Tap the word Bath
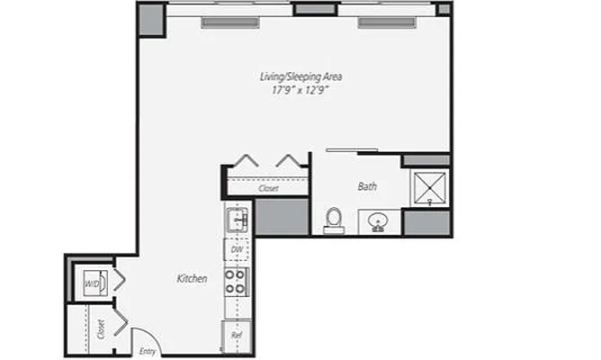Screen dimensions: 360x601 367,187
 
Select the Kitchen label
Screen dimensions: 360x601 192,279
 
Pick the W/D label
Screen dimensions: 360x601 92,283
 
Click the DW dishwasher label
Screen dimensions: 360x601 237,249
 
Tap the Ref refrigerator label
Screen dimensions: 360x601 237,335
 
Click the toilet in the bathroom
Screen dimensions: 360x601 334,220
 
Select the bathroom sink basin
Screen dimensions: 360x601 379,221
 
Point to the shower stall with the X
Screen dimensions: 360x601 429,187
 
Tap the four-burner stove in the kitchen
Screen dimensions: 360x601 236,282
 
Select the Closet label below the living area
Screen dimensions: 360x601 267,189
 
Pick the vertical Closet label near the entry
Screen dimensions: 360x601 100,329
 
